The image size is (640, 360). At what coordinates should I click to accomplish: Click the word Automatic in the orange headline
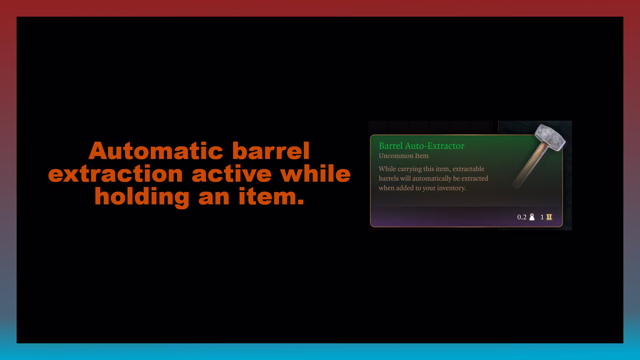coord(156,151)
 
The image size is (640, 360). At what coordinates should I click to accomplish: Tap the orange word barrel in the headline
coord(271,151)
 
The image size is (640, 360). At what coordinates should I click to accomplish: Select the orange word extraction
coord(115,174)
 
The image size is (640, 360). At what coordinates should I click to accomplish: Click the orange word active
coord(232,174)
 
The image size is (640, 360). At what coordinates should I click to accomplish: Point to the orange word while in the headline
coord(315,174)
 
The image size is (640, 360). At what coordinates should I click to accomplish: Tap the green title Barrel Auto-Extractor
coord(421,146)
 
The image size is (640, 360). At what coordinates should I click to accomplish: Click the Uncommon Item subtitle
coord(403,156)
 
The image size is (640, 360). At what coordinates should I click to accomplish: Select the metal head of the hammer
coord(550,137)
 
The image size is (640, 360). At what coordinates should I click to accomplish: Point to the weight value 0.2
coord(522,217)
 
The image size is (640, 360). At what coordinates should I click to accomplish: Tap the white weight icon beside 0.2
coord(532,217)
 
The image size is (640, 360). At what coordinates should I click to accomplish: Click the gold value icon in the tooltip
coord(549,217)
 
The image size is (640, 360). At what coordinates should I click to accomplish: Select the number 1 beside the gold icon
coord(542,217)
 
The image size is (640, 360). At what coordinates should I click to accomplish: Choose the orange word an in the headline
coord(214,197)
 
